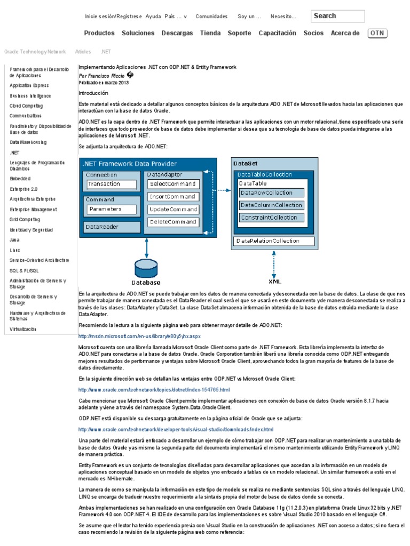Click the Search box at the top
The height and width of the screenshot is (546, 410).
coord(337,16)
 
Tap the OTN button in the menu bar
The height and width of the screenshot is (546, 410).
coord(377,33)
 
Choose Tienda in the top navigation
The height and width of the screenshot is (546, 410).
coord(210,33)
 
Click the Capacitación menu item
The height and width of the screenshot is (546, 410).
coord(277,33)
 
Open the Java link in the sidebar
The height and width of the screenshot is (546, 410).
coord(14,240)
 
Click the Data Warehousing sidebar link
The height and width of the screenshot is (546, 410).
coord(28,142)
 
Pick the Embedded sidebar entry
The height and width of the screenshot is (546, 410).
coord(20,178)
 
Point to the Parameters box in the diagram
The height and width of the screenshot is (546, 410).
coord(112,208)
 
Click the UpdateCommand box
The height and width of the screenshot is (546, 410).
coord(173,209)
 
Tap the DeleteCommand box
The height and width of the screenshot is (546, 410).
coord(173,221)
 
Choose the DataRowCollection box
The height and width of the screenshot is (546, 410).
coord(272,192)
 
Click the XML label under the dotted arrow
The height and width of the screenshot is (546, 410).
coord(274,281)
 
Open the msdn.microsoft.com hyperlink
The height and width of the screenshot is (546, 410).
coord(139,336)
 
